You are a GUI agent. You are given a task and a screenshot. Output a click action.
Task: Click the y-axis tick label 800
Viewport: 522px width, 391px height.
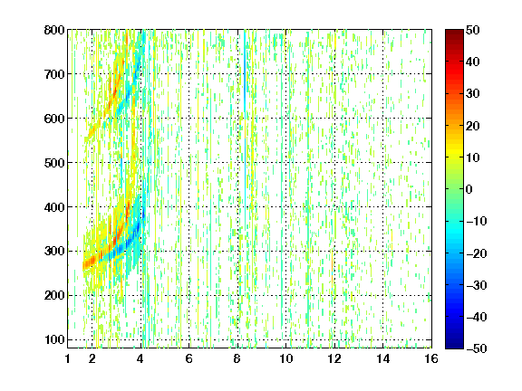54,30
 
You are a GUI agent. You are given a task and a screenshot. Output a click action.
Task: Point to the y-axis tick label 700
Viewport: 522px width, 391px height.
54,74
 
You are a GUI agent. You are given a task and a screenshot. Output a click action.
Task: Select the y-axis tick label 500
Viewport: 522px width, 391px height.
54,163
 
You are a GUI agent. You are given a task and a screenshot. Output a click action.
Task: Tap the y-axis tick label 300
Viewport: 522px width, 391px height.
54,251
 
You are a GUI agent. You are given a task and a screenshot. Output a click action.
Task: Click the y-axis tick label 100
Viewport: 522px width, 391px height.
54,339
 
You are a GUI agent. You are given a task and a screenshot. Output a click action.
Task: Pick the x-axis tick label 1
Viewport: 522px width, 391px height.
68,358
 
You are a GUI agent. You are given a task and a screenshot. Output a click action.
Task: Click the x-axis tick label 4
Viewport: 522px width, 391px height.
140,358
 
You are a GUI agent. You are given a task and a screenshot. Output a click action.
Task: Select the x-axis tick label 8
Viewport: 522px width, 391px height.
237,358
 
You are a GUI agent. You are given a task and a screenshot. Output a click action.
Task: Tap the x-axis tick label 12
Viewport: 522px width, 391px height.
334,358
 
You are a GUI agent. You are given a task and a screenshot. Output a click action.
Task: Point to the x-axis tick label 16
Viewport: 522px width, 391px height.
431,358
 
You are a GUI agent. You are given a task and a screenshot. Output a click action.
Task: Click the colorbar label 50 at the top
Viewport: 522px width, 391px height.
473,30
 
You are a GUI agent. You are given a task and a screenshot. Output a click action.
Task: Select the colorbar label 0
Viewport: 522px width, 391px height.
469,189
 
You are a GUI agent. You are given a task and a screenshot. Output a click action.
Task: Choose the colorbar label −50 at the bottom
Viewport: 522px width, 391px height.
477,348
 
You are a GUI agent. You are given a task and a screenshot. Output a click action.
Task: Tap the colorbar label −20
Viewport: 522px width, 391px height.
477,253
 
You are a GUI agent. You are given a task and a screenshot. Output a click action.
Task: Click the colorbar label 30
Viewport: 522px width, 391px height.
473,94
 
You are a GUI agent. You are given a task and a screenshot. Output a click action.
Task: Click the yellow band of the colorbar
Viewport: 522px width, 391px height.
454,149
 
